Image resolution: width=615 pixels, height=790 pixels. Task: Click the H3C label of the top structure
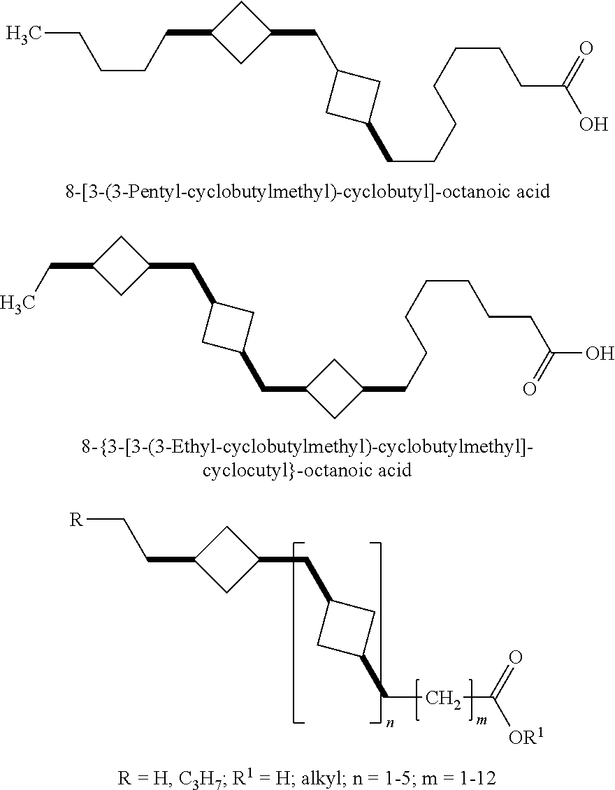pyautogui.click(x=24, y=35)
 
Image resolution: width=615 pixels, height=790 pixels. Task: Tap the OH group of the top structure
pyautogui.click(x=593, y=124)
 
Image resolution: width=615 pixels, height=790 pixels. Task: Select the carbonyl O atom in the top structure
pyautogui.click(x=586, y=49)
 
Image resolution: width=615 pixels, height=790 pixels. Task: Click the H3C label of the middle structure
pyautogui.click(x=17, y=303)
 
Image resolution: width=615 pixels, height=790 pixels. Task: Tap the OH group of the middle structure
pyautogui.click(x=600, y=353)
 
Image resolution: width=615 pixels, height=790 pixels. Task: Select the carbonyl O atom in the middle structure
pyautogui.click(x=529, y=389)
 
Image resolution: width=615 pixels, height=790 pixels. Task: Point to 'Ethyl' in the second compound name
pyautogui.click(x=191, y=446)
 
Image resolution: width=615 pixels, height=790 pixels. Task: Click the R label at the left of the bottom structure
pyautogui.click(x=76, y=520)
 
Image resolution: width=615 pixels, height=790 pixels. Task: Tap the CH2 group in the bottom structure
pyautogui.click(x=444, y=699)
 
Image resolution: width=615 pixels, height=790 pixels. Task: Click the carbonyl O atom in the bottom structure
pyautogui.click(x=516, y=658)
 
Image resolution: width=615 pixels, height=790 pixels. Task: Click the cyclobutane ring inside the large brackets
pyautogui.click(x=346, y=628)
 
